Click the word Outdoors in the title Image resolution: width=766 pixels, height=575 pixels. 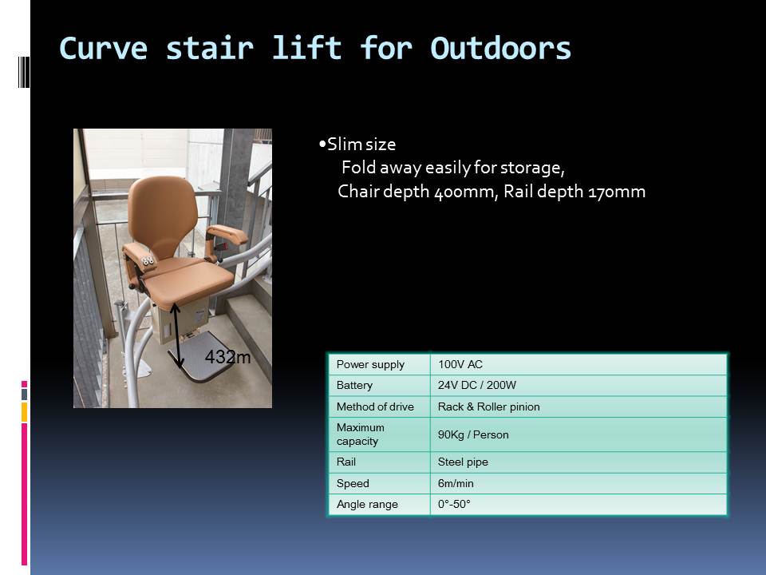click(x=501, y=49)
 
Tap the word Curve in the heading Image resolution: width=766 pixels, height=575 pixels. click(x=103, y=49)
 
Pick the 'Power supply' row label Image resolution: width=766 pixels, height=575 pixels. click(x=370, y=364)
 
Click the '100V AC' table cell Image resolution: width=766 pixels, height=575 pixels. click(x=460, y=364)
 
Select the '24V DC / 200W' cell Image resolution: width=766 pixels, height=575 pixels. click(x=477, y=385)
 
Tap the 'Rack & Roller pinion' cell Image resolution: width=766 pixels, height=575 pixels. click(x=488, y=406)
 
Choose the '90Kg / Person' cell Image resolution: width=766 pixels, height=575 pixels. click(x=473, y=434)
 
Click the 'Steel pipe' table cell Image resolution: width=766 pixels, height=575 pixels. click(x=463, y=462)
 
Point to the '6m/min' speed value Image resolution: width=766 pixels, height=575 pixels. click(x=456, y=484)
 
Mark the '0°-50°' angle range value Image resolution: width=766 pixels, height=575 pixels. click(x=454, y=504)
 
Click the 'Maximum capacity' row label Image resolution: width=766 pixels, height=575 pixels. click(x=361, y=434)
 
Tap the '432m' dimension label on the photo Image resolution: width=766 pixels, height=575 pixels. click(x=227, y=357)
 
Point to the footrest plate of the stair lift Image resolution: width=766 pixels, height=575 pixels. click(x=200, y=357)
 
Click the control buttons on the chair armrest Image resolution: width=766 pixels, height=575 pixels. click(x=148, y=261)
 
